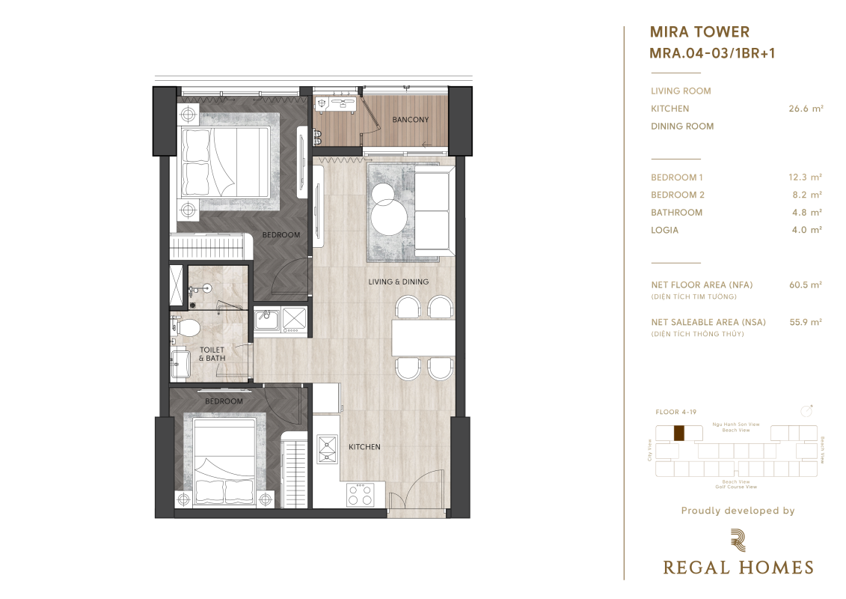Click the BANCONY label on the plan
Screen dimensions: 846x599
[410, 119]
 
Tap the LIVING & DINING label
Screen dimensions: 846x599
[398, 282]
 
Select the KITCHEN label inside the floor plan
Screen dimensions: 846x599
[364, 447]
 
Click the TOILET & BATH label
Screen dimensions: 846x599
[212, 353]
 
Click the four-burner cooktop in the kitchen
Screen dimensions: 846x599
[360, 494]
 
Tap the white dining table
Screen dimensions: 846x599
[423, 338]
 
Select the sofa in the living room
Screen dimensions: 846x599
[432, 211]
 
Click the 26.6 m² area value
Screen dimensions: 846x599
[806, 109]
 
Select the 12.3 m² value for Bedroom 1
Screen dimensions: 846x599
[805, 177]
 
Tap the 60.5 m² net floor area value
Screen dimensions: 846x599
[806, 285]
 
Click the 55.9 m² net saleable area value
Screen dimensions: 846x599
[806, 322]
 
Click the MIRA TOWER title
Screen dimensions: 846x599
[699, 32]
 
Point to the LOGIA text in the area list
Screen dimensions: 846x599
[664, 230]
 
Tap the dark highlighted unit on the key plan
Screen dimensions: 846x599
[678, 434]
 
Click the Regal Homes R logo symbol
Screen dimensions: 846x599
[738, 541]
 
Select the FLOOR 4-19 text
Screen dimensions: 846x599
[675, 412]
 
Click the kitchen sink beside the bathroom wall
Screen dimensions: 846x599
[266, 319]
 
